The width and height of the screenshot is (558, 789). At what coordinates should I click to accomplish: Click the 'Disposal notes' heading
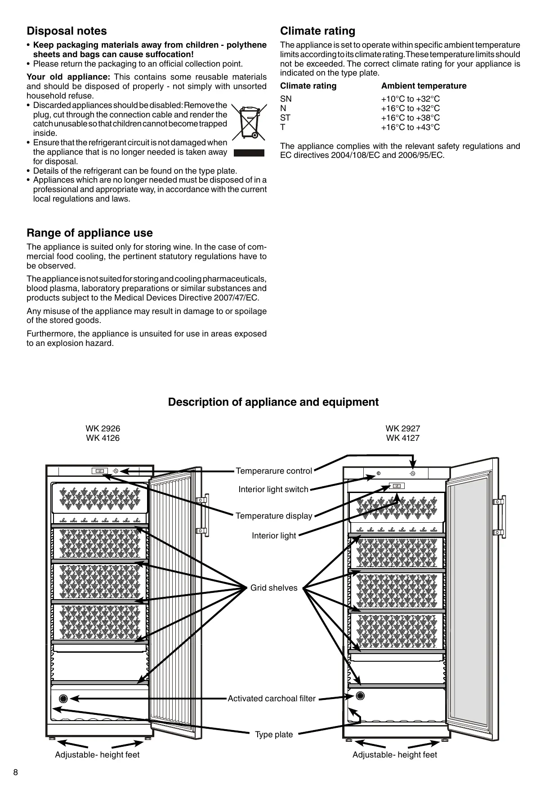tap(67, 31)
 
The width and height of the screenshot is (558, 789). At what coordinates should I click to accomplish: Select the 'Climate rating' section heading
tap(317, 31)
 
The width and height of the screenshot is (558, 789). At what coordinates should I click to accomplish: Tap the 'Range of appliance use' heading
tap(89, 233)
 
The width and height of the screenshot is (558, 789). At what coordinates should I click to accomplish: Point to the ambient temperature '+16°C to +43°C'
tap(410, 127)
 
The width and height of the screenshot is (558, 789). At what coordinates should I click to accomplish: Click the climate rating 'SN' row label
tap(286, 99)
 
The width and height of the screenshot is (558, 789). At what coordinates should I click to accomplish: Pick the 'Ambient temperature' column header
tap(424, 86)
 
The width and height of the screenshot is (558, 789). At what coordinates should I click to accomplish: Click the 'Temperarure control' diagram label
tap(274, 471)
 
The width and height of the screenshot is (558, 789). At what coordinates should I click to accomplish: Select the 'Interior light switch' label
tap(273, 489)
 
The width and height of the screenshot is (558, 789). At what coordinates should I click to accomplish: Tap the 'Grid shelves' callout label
tap(274, 588)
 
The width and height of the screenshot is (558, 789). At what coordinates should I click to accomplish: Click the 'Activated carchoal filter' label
tap(272, 699)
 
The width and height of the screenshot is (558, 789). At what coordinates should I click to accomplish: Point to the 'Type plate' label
tap(274, 735)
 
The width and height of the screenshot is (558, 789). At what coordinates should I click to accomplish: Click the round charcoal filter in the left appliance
tap(63, 699)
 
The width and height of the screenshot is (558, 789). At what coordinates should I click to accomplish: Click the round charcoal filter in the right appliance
tap(360, 696)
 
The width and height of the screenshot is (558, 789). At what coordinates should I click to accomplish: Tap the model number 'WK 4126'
tap(103, 438)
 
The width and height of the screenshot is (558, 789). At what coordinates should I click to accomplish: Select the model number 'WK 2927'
tap(402, 429)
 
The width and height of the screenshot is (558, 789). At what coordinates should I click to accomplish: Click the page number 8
tap(16, 773)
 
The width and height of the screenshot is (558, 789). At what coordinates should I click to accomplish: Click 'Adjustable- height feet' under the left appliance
tap(97, 755)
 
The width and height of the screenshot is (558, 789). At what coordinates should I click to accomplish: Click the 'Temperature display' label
tap(274, 516)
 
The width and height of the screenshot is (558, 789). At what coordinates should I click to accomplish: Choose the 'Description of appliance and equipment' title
tap(273, 402)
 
